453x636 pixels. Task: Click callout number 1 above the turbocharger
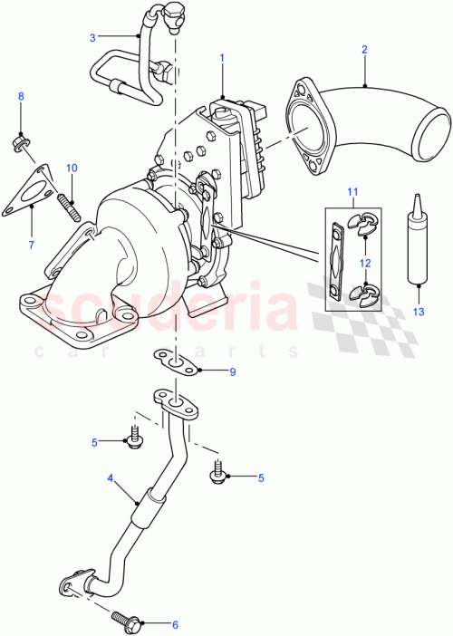221,57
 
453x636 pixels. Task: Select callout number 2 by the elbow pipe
364,49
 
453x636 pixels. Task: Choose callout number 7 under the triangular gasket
31,245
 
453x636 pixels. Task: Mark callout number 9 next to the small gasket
232,371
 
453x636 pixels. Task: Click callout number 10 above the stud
72,168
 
